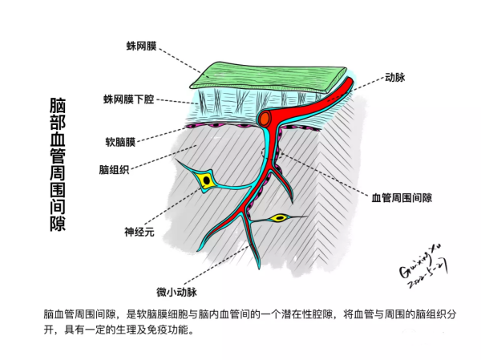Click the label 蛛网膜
(141, 46)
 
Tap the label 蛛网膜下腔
(128, 99)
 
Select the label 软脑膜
(120, 142)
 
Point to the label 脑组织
(114, 169)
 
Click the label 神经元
(139, 232)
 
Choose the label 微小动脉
(176, 292)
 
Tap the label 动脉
(395, 77)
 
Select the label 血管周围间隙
(402, 198)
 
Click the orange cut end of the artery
(265, 119)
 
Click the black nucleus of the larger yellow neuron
(207, 180)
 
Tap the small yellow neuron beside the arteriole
(279, 218)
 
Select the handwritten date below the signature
(428, 275)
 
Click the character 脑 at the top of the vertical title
(58, 105)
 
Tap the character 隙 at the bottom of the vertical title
(58, 223)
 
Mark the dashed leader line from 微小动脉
(217, 265)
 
